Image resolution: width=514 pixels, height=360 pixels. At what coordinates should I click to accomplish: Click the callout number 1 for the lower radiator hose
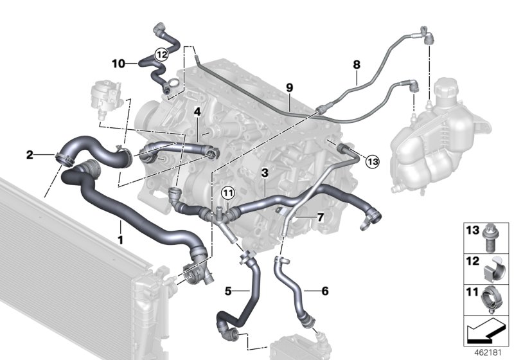click(x=120, y=226)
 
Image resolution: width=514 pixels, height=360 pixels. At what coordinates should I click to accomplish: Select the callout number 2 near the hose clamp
click(x=30, y=154)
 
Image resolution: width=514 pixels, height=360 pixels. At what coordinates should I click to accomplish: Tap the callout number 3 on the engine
click(x=264, y=173)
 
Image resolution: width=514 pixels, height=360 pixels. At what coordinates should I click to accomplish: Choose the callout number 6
click(x=324, y=291)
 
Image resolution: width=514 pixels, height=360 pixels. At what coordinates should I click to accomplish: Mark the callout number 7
click(x=319, y=218)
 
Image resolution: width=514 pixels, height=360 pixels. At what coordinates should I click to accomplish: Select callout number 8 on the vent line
click(x=357, y=65)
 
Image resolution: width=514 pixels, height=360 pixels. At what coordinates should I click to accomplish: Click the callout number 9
click(x=289, y=87)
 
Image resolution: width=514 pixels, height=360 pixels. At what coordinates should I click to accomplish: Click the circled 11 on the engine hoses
click(x=228, y=193)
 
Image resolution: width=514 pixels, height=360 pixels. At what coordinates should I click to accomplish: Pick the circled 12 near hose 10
click(x=161, y=55)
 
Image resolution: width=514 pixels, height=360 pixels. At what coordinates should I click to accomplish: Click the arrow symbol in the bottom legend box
click(x=487, y=332)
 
